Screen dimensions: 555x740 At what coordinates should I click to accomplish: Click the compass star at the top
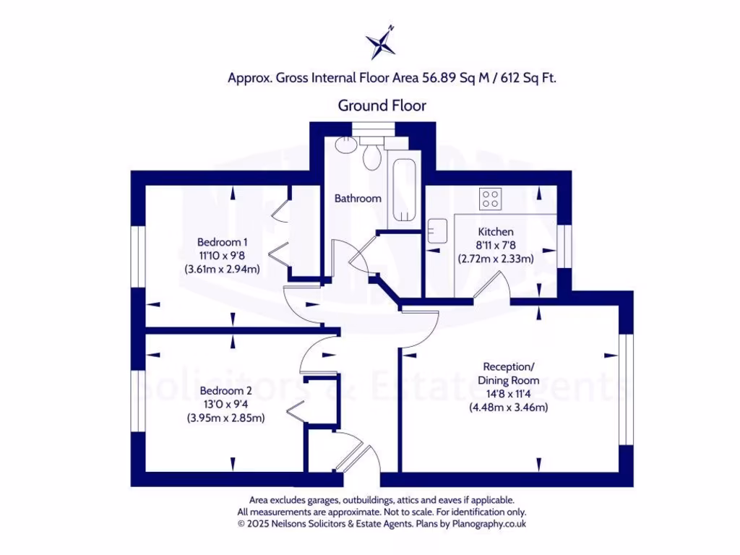[x=381, y=42]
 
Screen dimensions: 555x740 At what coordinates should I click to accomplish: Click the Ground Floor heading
[x=382, y=106]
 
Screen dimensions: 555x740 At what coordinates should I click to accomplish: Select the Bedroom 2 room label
[x=226, y=390]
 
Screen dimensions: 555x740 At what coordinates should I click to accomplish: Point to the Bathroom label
[x=357, y=198]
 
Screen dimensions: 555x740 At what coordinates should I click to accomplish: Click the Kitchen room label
[x=496, y=232]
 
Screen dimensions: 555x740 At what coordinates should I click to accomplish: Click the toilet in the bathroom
[x=372, y=155]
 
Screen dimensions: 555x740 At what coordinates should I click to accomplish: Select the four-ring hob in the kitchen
[x=491, y=198]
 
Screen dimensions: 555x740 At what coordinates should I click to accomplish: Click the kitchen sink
[x=437, y=231]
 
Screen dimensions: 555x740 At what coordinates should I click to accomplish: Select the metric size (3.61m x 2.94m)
[x=222, y=270]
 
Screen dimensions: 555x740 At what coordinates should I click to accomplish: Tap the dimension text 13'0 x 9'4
[x=226, y=404]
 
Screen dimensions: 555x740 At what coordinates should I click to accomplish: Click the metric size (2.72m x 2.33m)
[x=496, y=258]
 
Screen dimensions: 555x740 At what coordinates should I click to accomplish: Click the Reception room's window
[x=626, y=390]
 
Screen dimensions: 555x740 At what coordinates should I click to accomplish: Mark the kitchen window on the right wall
[x=564, y=248]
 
